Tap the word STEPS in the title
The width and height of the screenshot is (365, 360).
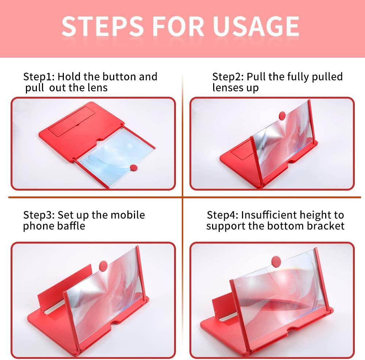click(x=103, y=26)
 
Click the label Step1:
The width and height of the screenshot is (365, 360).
click(x=39, y=77)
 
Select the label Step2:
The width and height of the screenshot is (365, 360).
click(x=228, y=77)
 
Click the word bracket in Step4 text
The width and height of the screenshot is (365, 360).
click(x=326, y=226)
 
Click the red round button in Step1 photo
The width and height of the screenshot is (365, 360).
click(x=134, y=168)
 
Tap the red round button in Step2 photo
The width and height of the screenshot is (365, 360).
click(x=282, y=115)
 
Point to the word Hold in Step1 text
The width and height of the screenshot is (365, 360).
click(x=69, y=77)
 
